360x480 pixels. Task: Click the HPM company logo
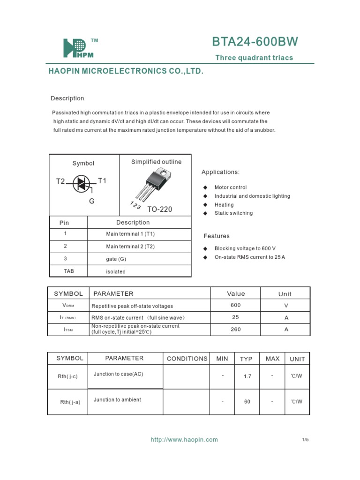coord(78,48)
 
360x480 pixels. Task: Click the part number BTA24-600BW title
coord(255,42)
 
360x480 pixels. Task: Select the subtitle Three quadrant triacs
coord(254,58)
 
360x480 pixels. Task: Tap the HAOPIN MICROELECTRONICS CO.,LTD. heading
coord(126,72)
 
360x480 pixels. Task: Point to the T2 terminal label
coord(61,181)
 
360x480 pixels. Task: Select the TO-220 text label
coord(160,209)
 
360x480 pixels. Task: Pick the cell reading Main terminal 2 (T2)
coord(130,246)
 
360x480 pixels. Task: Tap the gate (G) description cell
coord(116,259)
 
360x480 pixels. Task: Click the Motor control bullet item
coord(230,187)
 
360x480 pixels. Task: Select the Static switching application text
coord(233,213)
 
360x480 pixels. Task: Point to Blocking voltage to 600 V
coord(245,248)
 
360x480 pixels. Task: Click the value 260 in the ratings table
coord(236,330)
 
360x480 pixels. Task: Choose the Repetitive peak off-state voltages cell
coord(132,306)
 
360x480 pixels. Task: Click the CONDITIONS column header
coord(187,359)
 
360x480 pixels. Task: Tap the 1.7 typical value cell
coord(247,376)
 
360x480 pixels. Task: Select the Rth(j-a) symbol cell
coord(70,402)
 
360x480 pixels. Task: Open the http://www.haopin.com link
coord(184,440)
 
